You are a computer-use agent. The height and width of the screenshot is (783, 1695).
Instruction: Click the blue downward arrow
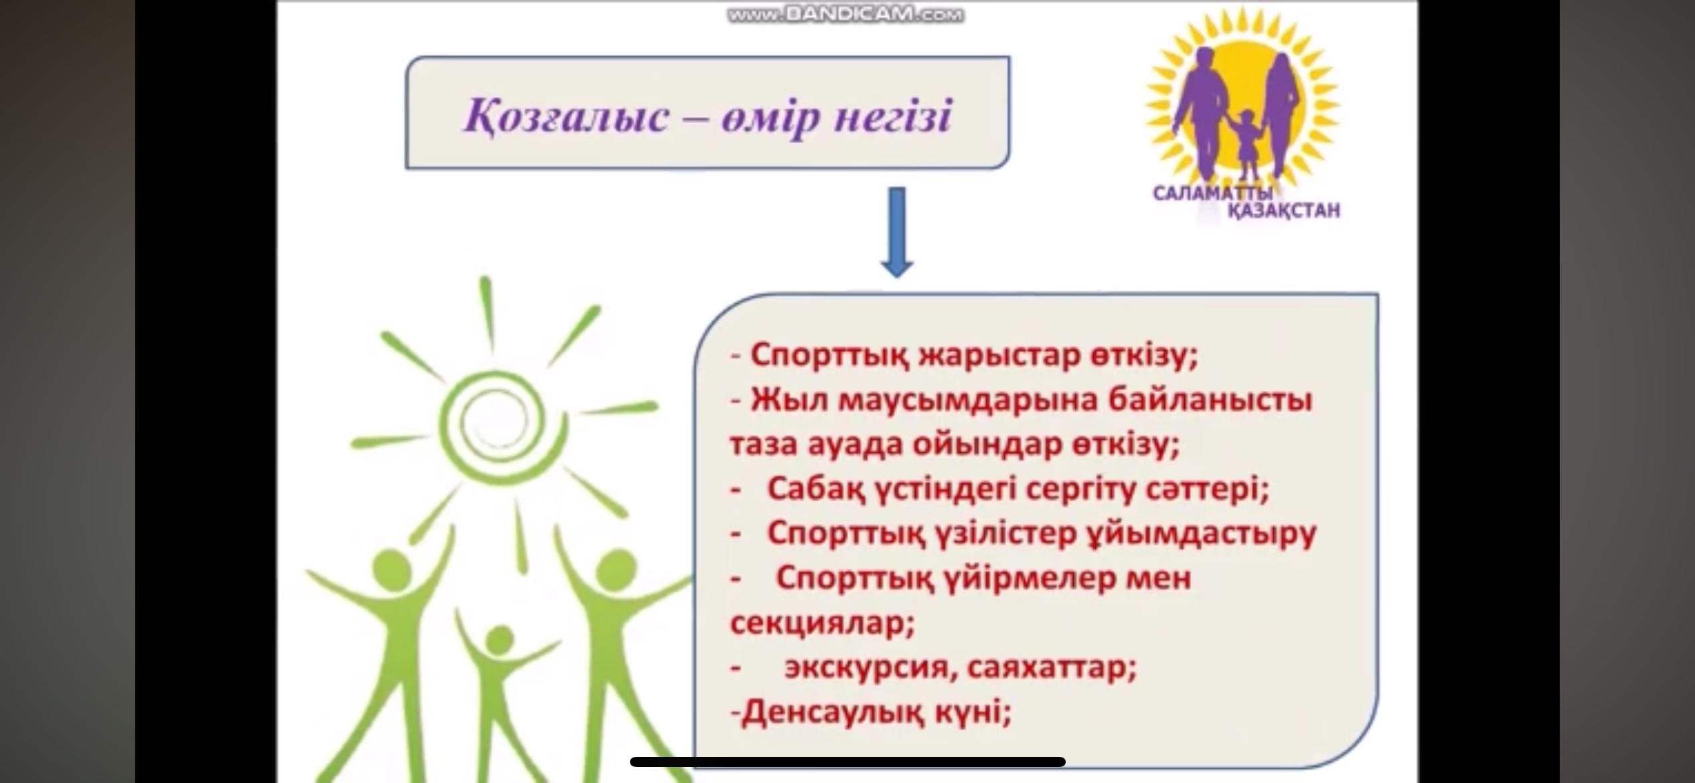[x=897, y=232]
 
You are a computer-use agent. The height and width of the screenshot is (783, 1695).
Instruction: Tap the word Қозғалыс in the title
[x=566, y=117]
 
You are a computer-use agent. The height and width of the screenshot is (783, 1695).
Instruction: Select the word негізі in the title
[x=894, y=118]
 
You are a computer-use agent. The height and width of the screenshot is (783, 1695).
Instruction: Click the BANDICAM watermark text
[x=846, y=15]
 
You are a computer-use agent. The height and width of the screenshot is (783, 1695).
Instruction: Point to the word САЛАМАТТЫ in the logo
[x=1212, y=193]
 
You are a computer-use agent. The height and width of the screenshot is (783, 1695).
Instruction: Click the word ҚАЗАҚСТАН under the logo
[x=1284, y=211]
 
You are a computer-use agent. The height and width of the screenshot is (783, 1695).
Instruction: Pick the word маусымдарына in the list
[x=969, y=401]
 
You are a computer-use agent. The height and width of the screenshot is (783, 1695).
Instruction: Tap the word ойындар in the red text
[x=987, y=445]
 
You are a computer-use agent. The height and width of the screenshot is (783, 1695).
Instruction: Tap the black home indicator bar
[x=847, y=762]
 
